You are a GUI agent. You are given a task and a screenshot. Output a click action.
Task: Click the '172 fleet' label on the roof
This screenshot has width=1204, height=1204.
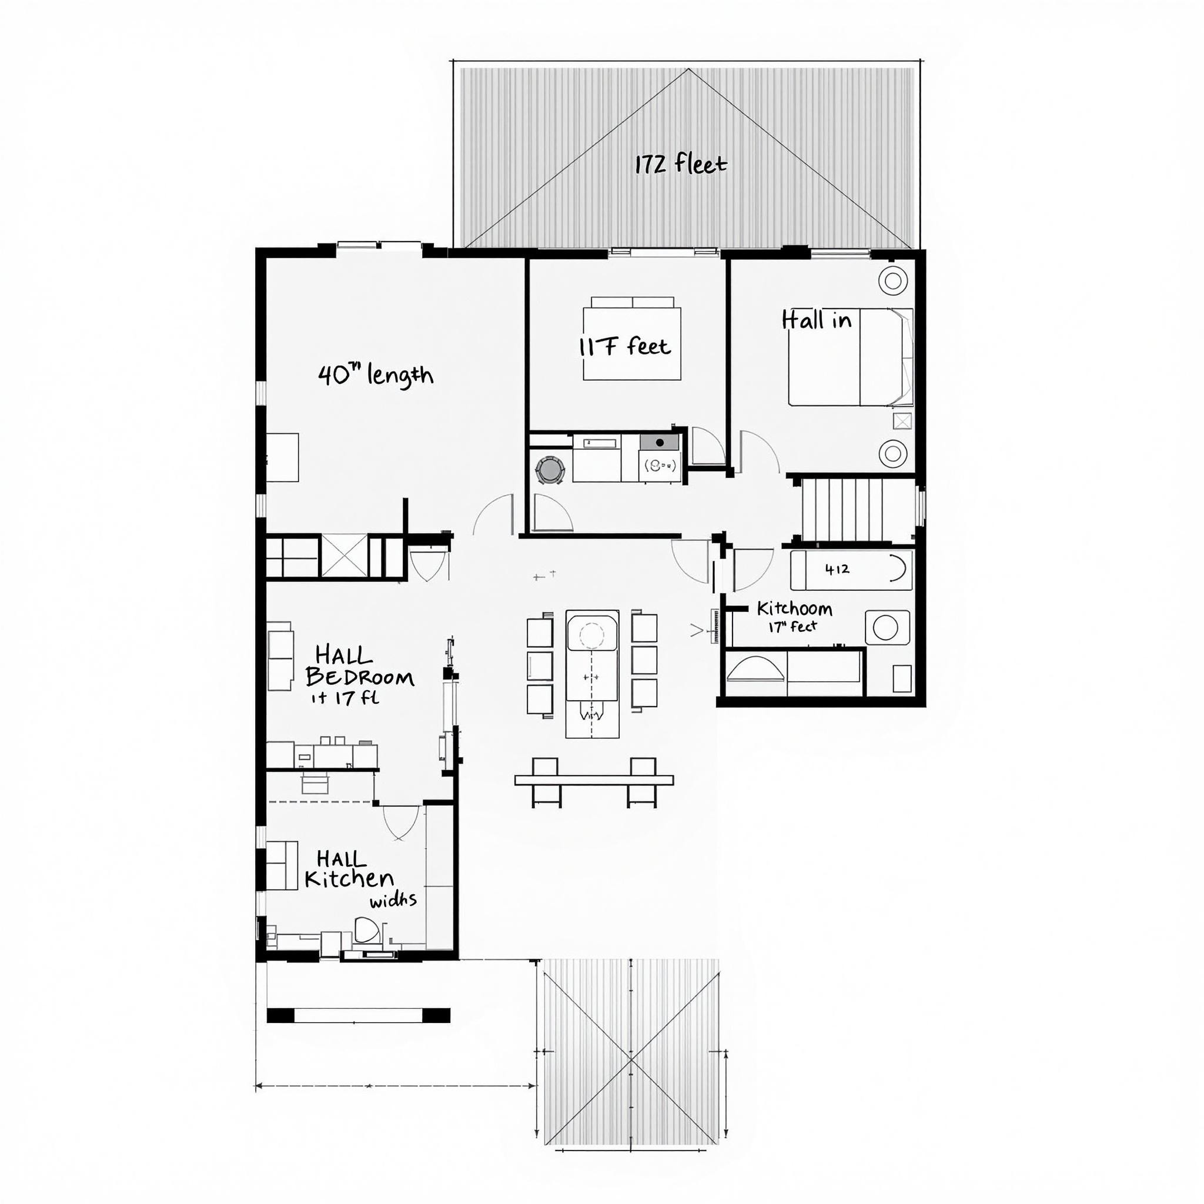(x=681, y=165)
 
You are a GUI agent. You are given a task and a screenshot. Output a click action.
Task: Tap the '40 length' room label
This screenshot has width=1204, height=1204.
(x=376, y=375)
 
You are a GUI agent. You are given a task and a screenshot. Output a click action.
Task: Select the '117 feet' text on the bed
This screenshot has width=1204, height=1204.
(x=625, y=346)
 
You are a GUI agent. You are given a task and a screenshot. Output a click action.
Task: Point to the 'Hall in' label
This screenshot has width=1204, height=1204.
(x=817, y=320)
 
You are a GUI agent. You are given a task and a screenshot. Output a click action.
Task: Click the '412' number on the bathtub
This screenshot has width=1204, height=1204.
(x=837, y=569)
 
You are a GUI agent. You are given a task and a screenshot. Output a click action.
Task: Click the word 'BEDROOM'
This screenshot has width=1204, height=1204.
(x=360, y=677)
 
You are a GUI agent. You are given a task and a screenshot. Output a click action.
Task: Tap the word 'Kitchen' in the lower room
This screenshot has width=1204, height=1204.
(x=349, y=879)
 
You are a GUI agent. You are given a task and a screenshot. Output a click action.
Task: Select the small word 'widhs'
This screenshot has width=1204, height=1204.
(x=393, y=901)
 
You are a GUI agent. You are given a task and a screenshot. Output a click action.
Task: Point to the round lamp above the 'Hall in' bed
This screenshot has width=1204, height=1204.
(x=892, y=280)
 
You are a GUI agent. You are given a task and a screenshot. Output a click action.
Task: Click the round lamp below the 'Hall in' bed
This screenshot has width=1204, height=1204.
(x=892, y=453)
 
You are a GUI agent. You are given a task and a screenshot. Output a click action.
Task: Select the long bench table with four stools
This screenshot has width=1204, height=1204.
(x=594, y=780)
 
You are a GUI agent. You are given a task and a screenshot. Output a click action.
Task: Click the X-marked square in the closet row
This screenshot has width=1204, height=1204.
(x=344, y=556)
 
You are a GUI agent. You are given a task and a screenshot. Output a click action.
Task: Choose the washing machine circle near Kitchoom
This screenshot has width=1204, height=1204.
(x=885, y=627)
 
